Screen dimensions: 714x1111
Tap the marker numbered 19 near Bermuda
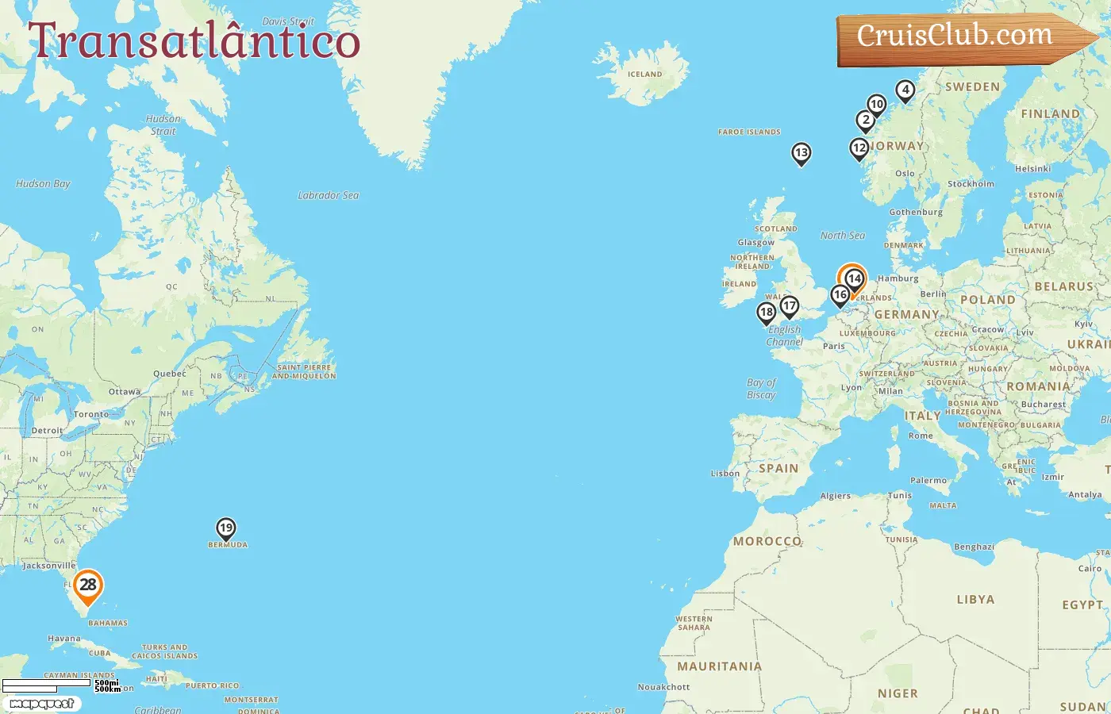point(226,528)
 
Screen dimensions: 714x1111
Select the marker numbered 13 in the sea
point(802,153)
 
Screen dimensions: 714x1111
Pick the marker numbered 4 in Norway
point(905,90)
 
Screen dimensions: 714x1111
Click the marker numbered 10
point(876,105)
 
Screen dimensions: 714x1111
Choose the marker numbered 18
point(766,313)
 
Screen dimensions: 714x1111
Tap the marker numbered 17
point(789,306)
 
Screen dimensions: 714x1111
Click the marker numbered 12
point(859,148)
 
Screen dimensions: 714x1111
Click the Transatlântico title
point(194,41)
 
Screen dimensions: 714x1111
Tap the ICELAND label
point(644,75)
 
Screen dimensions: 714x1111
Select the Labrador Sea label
point(328,195)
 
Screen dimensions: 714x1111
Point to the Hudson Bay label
point(43,184)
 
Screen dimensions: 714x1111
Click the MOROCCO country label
point(767,541)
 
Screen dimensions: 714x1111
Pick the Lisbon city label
point(725,474)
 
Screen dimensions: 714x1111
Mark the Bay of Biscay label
point(761,389)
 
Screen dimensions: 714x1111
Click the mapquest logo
point(41,704)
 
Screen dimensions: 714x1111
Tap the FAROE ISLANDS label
point(749,132)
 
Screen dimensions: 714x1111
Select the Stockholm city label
point(971,184)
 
